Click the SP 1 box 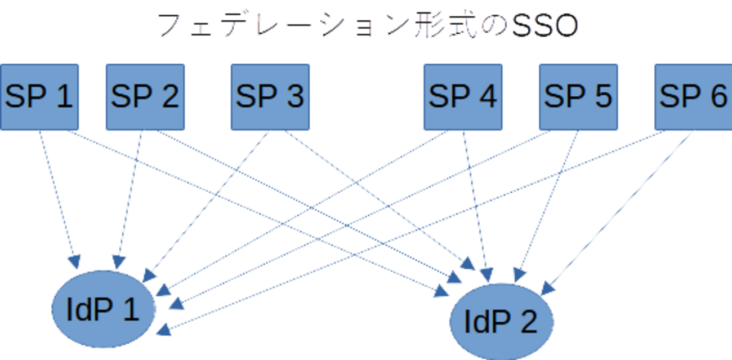[39, 96]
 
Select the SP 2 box [145, 96]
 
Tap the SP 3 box [270, 96]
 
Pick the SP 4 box [463, 96]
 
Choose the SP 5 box [578, 96]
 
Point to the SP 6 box [693, 96]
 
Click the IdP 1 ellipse [103, 309]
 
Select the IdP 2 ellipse [501, 322]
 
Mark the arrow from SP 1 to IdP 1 [56, 197]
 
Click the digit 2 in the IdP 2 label [528, 322]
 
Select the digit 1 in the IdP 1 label [131, 309]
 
